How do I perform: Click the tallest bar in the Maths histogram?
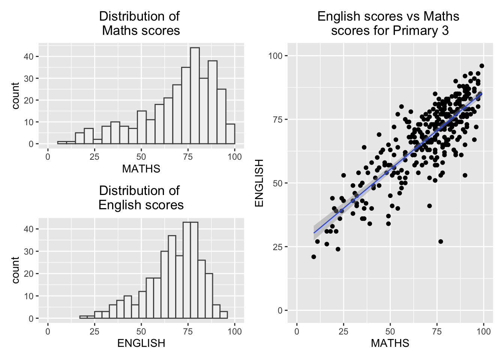click(195, 96)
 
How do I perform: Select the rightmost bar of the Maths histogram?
click(230, 134)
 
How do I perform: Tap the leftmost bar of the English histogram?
click(83, 317)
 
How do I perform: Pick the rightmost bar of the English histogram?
click(223, 315)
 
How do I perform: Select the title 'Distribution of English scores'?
click(141, 198)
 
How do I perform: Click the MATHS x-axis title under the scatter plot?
click(390, 343)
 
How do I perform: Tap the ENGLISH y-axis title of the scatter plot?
click(259, 183)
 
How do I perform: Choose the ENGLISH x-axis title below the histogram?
click(141, 343)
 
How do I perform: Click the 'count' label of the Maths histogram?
click(15, 96)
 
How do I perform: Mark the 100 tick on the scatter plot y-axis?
click(275, 56)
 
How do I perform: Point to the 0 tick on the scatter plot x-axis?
click(297, 331)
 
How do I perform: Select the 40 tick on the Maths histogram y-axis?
click(29, 57)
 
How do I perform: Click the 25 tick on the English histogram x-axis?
click(94, 331)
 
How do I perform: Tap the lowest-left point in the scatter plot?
click(313, 257)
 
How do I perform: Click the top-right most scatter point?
click(482, 66)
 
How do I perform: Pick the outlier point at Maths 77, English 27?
click(441, 241)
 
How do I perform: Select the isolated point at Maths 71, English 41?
click(429, 206)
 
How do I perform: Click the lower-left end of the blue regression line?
click(314, 233)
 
